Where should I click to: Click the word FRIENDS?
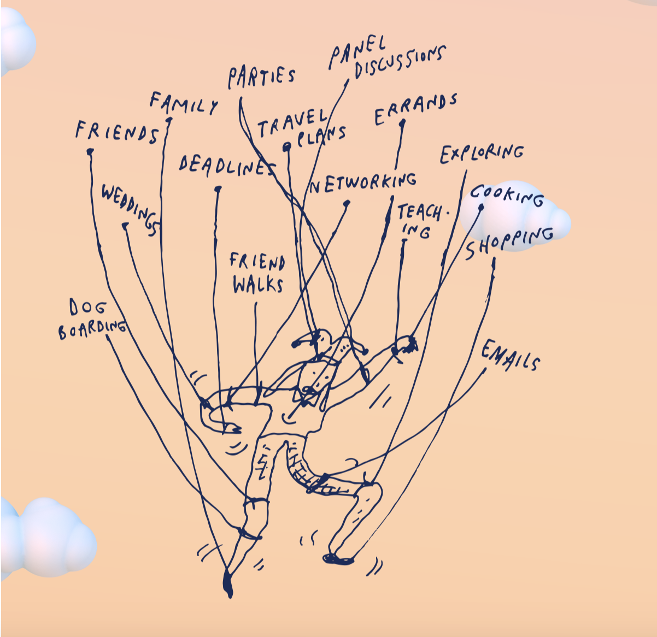(x=117, y=132)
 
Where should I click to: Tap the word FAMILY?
(x=184, y=103)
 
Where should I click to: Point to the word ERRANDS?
(x=416, y=109)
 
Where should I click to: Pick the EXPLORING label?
(x=482, y=154)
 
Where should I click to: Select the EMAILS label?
(x=511, y=356)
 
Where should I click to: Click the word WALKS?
(x=257, y=285)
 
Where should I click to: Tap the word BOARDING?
(x=92, y=328)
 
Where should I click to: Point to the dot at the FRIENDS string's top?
(x=90, y=151)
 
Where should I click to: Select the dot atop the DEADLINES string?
(x=218, y=190)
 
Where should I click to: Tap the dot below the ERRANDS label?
(x=402, y=123)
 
